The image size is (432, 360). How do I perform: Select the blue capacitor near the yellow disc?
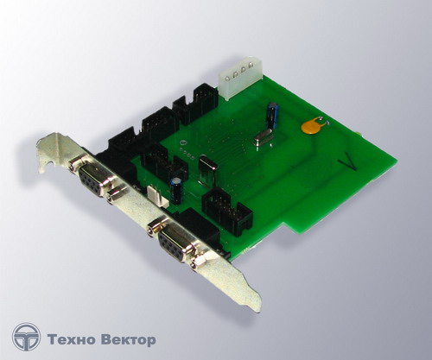click(272, 115)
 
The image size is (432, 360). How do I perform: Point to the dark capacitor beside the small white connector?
click(177, 190)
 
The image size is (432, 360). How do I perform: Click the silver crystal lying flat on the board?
click(263, 139)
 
